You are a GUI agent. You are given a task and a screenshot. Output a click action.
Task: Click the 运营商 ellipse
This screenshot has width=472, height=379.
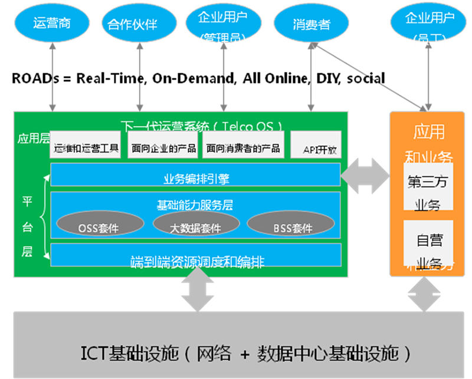(x=53, y=24)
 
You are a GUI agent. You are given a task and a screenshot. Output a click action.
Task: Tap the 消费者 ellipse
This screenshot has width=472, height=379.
(x=311, y=24)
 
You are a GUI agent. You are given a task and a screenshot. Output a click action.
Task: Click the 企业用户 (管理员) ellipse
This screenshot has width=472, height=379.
(x=224, y=24)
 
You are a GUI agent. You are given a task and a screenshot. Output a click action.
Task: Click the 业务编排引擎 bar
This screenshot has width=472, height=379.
(x=195, y=175)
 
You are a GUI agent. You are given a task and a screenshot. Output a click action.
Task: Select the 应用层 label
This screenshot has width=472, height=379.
(x=31, y=139)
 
